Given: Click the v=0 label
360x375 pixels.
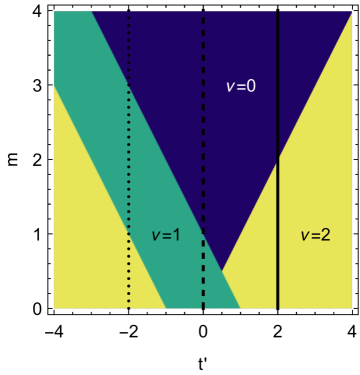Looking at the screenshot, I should [x=241, y=86].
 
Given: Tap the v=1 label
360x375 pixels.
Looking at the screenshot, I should [x=165, y=235].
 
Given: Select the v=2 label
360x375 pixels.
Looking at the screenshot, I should [x=315, y=235].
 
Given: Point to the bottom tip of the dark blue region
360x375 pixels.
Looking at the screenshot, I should [x=221, y=272].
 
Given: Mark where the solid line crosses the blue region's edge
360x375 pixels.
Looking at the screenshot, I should [x=277, y=158].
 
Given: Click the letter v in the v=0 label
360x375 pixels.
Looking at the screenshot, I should [x=229, y=87].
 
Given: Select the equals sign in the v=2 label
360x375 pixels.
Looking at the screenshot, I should [x=315, y=236].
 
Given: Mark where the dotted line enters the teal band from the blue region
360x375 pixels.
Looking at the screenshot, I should [x=129, y=88].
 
